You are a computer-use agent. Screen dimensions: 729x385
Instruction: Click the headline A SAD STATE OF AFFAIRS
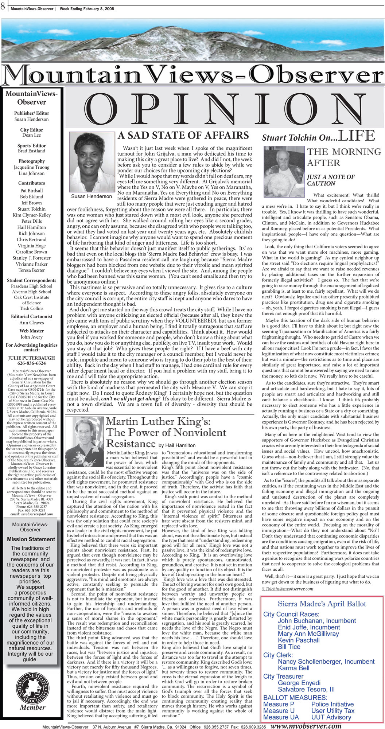183,136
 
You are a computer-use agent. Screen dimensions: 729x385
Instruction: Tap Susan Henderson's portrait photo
92,161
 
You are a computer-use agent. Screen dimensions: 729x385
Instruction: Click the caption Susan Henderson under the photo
92,196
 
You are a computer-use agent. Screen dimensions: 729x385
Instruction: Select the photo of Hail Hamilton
85,442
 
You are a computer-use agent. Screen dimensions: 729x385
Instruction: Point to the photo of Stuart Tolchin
284,166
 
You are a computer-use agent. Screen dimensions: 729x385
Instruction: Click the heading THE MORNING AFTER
343,157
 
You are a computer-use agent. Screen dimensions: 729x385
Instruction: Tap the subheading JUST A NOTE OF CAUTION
330,180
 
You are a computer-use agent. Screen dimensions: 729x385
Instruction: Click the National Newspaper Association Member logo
32,692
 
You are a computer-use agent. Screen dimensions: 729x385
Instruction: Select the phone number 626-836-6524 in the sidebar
32,363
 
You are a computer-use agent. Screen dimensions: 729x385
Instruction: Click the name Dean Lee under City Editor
32,135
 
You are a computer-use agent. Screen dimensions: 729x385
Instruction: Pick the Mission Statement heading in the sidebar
31,539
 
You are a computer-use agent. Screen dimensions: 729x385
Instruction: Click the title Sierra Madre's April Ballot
322,604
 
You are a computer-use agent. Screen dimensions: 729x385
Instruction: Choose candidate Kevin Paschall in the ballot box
299,640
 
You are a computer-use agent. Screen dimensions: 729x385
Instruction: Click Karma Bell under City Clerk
293,668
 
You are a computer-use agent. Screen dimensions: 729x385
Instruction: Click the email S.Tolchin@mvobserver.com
287,589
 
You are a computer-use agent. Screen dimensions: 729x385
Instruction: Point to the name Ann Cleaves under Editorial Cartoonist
32,323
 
